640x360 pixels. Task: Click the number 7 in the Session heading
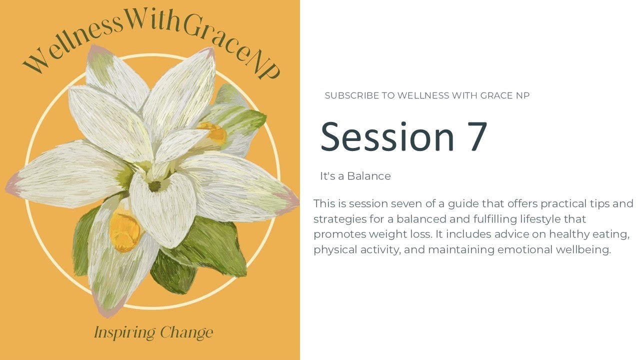click(x=477, y=136)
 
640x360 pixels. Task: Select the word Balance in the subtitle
click(x=369, y=176)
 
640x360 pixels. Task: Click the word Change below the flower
click(x=186, y=332)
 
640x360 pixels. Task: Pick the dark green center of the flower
click(x=154, y=186)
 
